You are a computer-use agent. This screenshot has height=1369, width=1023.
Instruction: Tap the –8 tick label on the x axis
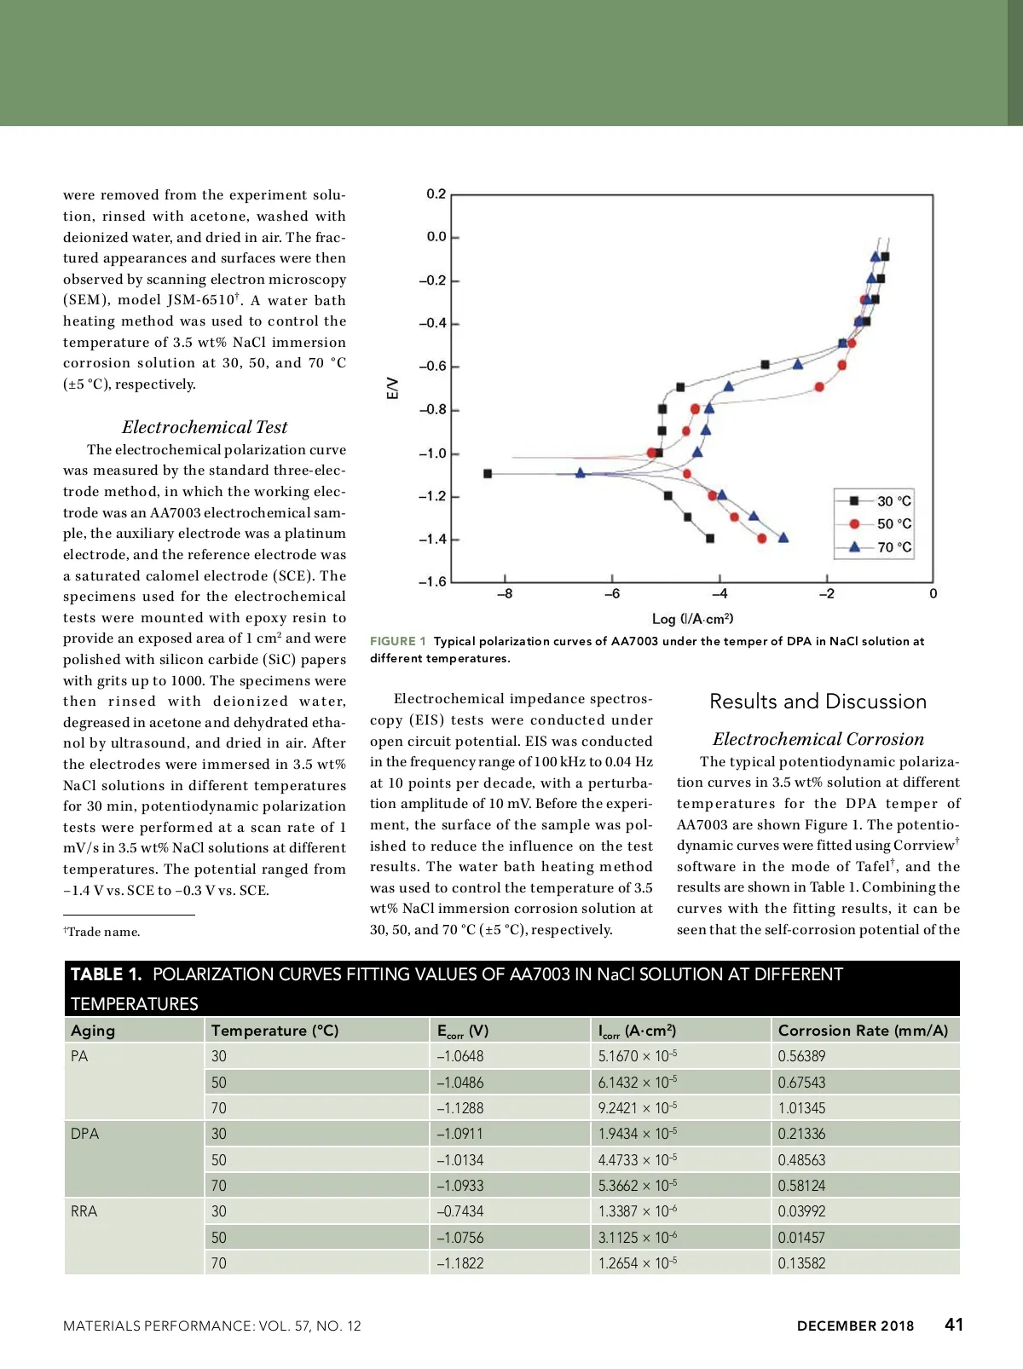505,593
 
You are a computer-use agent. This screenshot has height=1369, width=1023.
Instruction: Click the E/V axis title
392,389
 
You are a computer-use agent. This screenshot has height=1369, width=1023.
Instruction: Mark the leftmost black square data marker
488,474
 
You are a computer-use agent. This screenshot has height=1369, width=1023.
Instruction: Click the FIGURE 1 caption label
397,641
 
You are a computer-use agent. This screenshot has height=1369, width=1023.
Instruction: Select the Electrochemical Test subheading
205,427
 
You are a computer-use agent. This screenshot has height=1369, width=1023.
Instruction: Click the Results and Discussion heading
818,702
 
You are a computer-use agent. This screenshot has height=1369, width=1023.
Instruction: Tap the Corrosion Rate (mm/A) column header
863,1031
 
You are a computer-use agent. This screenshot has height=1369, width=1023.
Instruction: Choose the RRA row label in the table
84,1211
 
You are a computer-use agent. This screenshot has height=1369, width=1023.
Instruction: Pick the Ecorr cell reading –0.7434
460,1211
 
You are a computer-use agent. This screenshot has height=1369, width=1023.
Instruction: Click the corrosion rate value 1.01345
801,1108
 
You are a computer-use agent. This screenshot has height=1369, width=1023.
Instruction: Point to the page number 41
954,1325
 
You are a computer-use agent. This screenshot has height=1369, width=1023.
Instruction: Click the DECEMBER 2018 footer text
855,1326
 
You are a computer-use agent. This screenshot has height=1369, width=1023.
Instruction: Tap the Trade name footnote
102,932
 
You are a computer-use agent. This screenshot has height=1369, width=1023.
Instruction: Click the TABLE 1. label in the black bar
106,974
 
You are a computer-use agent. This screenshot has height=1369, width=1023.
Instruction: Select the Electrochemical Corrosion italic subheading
818,739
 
